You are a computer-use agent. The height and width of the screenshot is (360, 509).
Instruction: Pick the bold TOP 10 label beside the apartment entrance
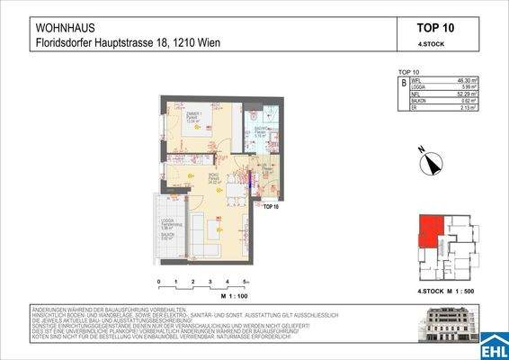(270, 206)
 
